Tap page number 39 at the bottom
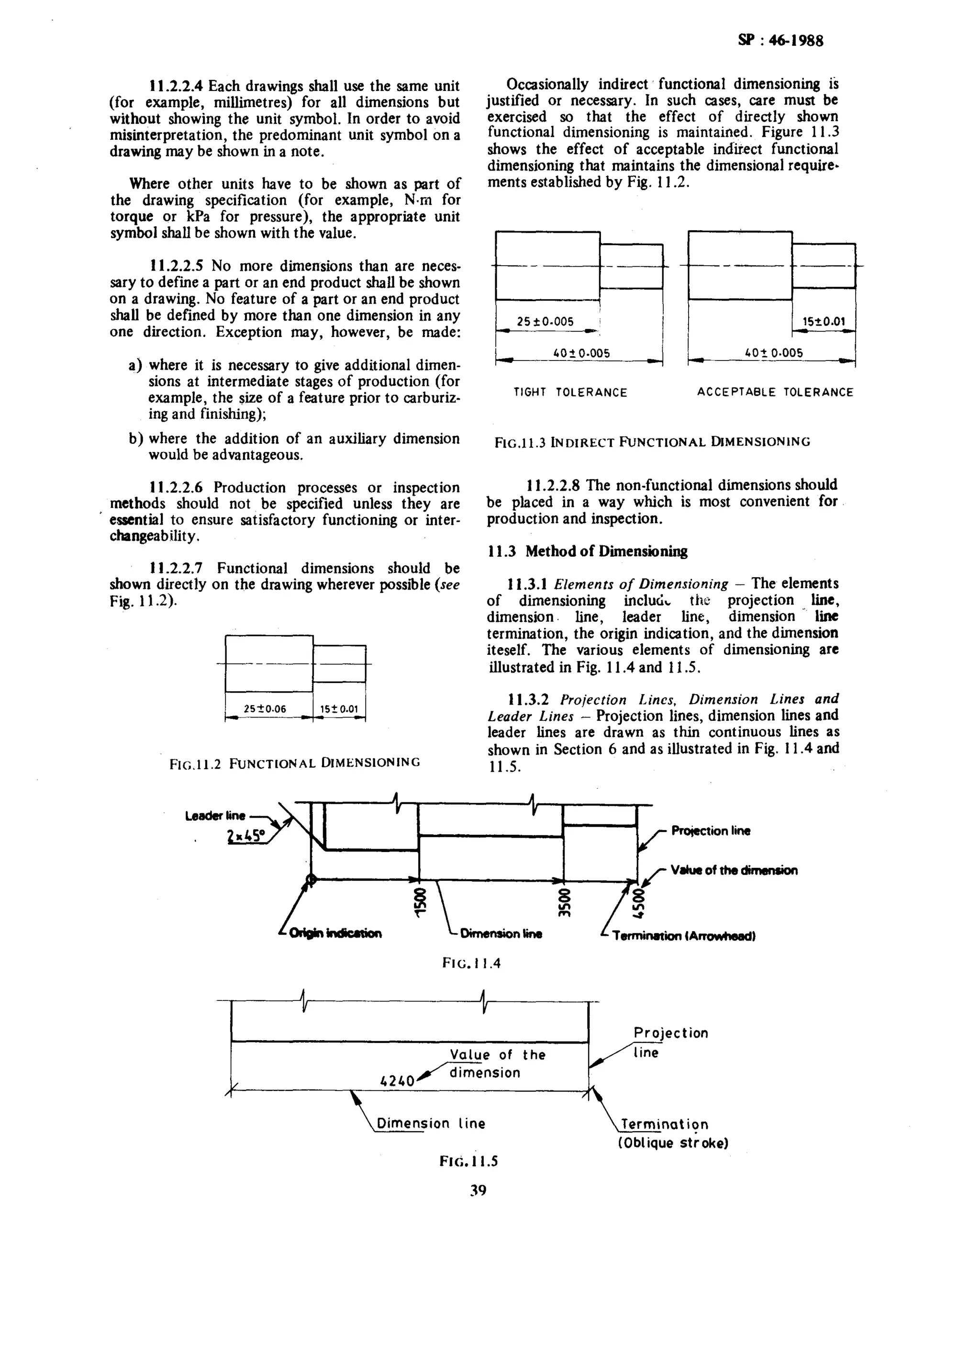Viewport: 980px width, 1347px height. (x=478, y=1190)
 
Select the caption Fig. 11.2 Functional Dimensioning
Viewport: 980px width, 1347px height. (x=295, y=763)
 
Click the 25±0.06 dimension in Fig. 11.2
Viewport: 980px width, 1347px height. (x=265, y=708)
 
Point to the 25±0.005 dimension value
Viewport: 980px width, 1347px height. (x=545, y=321)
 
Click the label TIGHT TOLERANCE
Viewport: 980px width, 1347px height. (x=570, y=393)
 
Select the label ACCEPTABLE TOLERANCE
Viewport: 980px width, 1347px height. (x=775, y=393)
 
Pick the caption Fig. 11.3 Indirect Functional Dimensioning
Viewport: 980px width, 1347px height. (x=652, y=442)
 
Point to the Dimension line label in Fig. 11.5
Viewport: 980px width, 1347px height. (x=431, y=1123)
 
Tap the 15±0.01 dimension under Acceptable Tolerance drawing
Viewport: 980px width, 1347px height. (x=824, y=322)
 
